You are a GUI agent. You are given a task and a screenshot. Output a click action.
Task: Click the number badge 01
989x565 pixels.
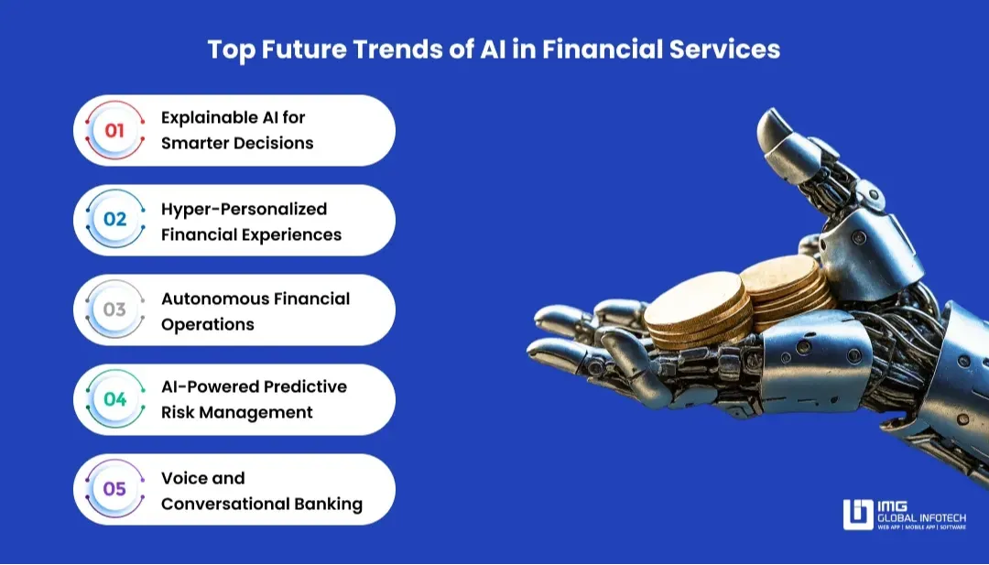114,131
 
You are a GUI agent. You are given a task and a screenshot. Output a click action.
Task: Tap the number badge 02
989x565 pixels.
114,220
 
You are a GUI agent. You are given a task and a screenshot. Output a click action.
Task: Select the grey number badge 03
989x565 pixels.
114,310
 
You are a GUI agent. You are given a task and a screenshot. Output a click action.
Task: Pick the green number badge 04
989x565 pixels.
114,399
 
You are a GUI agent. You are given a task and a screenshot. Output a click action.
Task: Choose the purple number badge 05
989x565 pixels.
114,489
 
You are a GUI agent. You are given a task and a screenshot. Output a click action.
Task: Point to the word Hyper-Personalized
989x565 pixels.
244,210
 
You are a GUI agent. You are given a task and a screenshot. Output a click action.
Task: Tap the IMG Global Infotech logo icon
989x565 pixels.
858,515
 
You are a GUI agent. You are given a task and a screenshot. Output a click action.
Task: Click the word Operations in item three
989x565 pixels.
208,324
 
